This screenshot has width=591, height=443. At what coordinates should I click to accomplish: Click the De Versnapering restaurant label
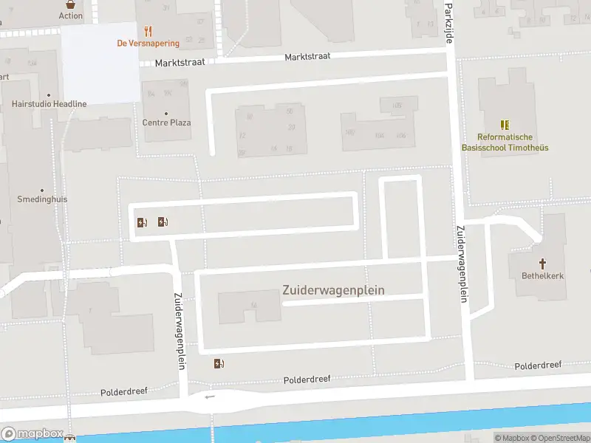[x=148, y=44]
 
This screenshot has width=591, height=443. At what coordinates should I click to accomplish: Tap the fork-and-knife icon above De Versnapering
[x=148, y=31]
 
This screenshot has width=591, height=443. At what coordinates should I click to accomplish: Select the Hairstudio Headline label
[x=49, y=104]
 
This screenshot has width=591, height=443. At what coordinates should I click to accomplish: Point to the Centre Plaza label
[x=166, y=123]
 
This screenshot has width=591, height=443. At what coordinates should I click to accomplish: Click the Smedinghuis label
[x=42, y=199]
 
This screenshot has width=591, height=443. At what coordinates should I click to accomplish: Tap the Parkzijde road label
[x=448, y=22]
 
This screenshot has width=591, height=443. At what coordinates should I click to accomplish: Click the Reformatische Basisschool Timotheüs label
[x=505, y=142]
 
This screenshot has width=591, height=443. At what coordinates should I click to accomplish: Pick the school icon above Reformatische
[x=505, y=125]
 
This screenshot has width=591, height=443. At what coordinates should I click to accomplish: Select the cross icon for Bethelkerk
[x=542, y=264]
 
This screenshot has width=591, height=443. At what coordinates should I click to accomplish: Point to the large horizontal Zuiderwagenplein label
[x=333, y=290]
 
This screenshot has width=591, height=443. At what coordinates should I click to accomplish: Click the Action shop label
[x=71, y=16]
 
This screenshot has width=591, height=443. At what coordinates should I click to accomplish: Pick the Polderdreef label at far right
[x=538, y=365]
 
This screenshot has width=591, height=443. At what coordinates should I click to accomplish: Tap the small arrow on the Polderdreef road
[x=211, y=396]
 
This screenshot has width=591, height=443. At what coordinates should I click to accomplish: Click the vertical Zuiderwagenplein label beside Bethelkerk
[x=462, y=264]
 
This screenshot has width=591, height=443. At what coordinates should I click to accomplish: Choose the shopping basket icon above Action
[x=71, y=3]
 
